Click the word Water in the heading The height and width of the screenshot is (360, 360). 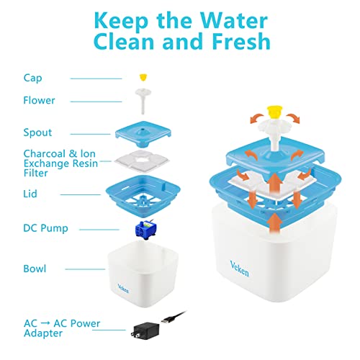pyautogui.click(x=234, y=21)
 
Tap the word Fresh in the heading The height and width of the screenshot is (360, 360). pyautogui.click(x=241, y=42)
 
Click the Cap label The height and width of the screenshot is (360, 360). pyautogui.click(x=32, y=78)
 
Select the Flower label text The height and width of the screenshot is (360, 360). pyautogui.click(x=39, y=100)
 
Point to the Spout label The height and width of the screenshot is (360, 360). pyautogui.click(x=37, y=132)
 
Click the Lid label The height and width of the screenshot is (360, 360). pyautogui.click(x=30, y=194)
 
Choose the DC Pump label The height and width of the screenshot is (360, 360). pyautogui.click(x=45, y=228)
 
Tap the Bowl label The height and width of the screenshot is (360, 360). pyautogui.click(x=35, y=269)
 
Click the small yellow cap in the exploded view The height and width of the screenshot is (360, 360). pyautogui.click(x=143, y=78)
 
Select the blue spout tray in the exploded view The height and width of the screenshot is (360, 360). pyautogui.click(x=143, y=134)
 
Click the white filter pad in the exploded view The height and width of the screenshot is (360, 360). pyautogui.click(x=142, y=161)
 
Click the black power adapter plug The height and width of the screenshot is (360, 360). pyautogui.click(x=145, y=330)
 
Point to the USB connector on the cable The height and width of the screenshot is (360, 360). pyautogui.click(x=167, y=320)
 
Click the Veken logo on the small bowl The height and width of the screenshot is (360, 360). pyautogui.click(x=123, y=289)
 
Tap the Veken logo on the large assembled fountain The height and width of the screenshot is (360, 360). pyautogui.click(x=239, y=269)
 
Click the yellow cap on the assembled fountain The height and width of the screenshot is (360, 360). pyautogui.click(x=274, y=112)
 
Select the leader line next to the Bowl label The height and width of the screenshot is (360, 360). pyautogui.click(x=85, y=269)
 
